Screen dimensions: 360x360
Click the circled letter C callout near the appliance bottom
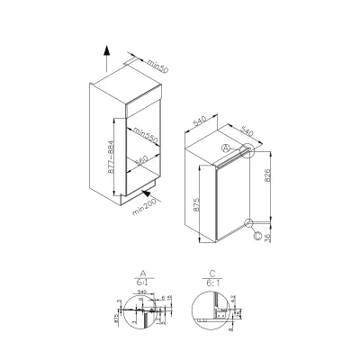tap(258, 237)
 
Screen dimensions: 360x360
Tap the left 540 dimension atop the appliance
tap(200, 120)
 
